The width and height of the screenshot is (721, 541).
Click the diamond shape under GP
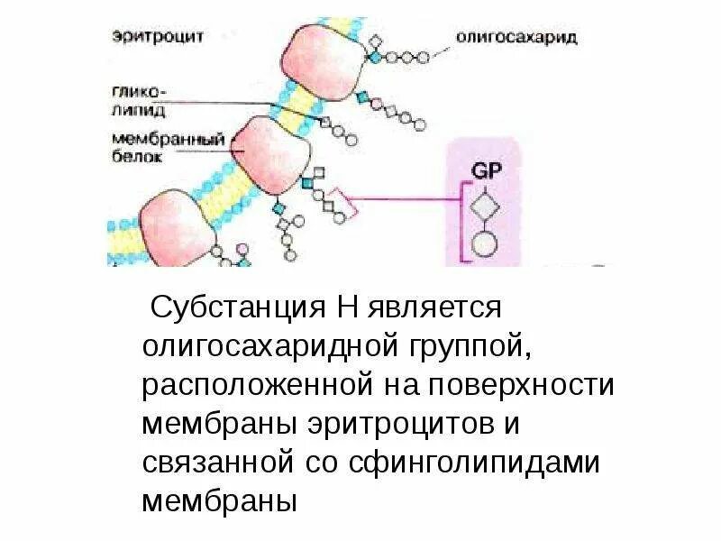point(484,206)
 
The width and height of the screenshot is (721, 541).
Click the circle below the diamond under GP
point(484,243)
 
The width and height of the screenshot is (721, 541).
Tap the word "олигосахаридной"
point(258,346)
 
